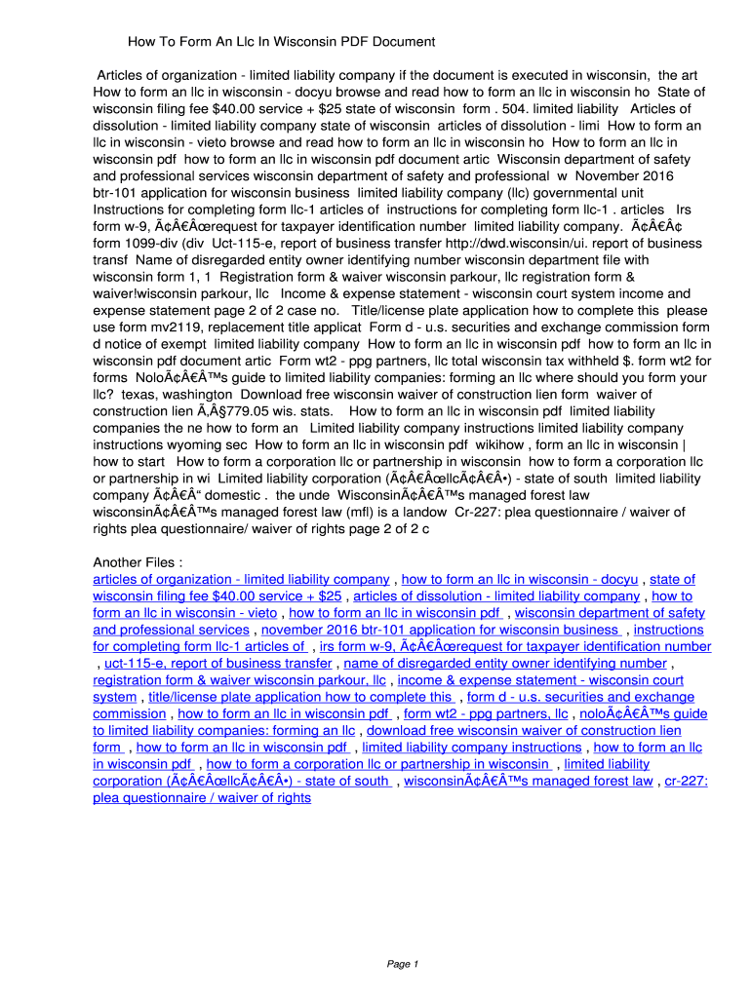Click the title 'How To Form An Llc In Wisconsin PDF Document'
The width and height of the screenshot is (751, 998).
[281, 42]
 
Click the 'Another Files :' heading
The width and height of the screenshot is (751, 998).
[138, 562]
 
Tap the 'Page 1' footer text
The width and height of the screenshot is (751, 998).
[403, 964]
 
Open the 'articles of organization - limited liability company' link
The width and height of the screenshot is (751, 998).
[241, 579]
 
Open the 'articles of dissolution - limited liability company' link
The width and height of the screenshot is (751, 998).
[496, 596]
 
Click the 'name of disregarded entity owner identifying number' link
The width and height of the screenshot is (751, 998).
[505, 664]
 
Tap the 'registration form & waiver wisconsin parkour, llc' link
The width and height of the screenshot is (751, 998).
[239, 680]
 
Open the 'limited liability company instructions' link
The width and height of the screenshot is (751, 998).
[472, 748]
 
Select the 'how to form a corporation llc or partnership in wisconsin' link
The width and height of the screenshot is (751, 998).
[378, 764]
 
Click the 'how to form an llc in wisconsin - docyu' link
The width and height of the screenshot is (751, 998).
[520, 579]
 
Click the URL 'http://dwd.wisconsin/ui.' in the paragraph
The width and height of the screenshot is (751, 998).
[511, 244]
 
